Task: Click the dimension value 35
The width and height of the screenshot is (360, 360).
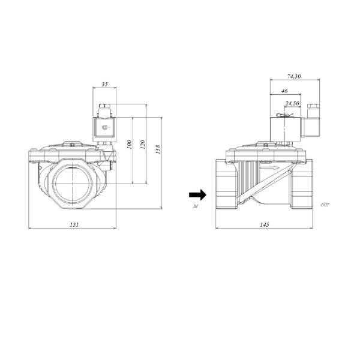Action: click(105, 85)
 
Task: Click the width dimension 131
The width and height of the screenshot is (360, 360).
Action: click(73, 224)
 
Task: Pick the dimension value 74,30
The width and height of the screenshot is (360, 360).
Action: click(294, 76)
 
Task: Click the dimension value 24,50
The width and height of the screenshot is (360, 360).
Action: click(292, 103)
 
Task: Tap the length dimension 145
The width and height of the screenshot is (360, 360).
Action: click(265, 224)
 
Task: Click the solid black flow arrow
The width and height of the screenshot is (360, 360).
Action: click(197, 194)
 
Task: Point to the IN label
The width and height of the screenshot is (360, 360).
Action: click(196, 206)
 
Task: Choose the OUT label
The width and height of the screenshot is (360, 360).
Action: click(325, 205)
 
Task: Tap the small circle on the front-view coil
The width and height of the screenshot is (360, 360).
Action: click(106, 128)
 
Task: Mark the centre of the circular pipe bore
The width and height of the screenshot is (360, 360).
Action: click(71, 183)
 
